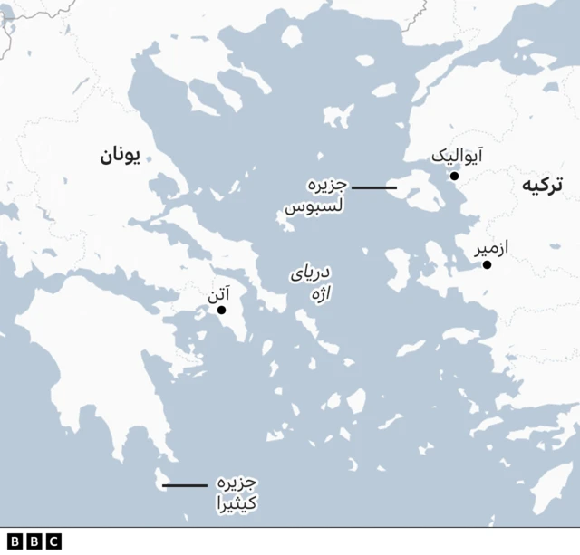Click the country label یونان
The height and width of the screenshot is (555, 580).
[x=119, y=157]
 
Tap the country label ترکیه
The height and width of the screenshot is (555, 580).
[x=542, y=186]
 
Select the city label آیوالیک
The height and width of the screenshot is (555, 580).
[x=456, y=156]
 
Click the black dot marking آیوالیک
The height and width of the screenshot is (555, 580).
[x=454, y=177]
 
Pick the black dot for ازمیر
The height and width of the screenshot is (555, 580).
[x=487, y=264]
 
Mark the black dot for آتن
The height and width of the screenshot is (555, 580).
[x=221, y=311]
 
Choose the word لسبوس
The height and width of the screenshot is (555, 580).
[x=314, y=207]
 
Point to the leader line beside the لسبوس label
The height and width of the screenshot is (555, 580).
[x=373, y=187]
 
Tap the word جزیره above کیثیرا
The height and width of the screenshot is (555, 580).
[x=237, y=482]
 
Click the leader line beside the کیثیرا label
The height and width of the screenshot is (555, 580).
[x=184, y=486]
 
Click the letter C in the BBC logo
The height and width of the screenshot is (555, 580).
[x=53, y=541]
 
